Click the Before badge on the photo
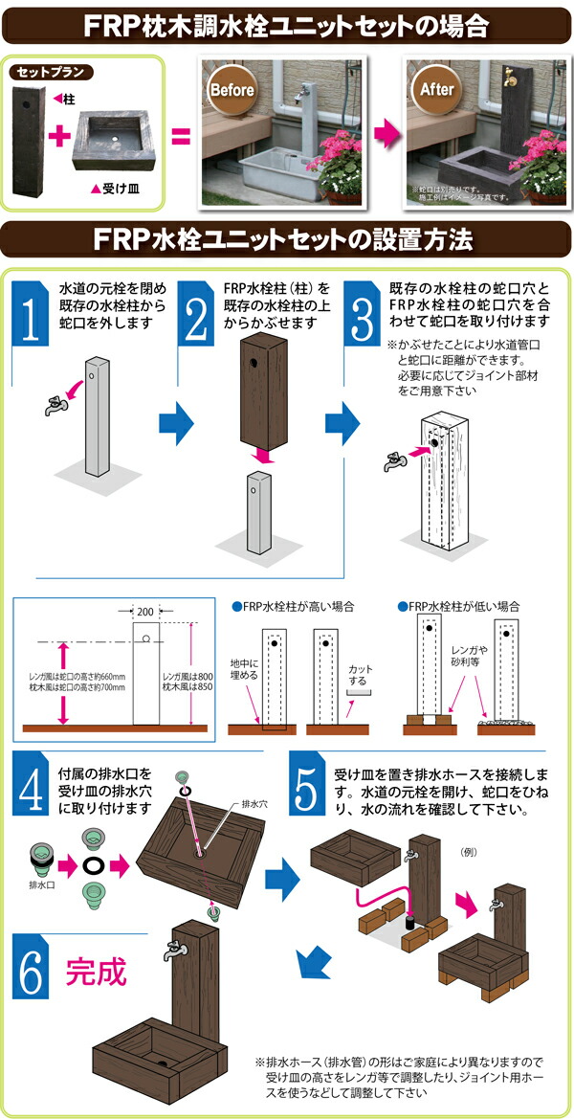click(x=231, y=91)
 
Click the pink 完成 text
click(x=96, y=973)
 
